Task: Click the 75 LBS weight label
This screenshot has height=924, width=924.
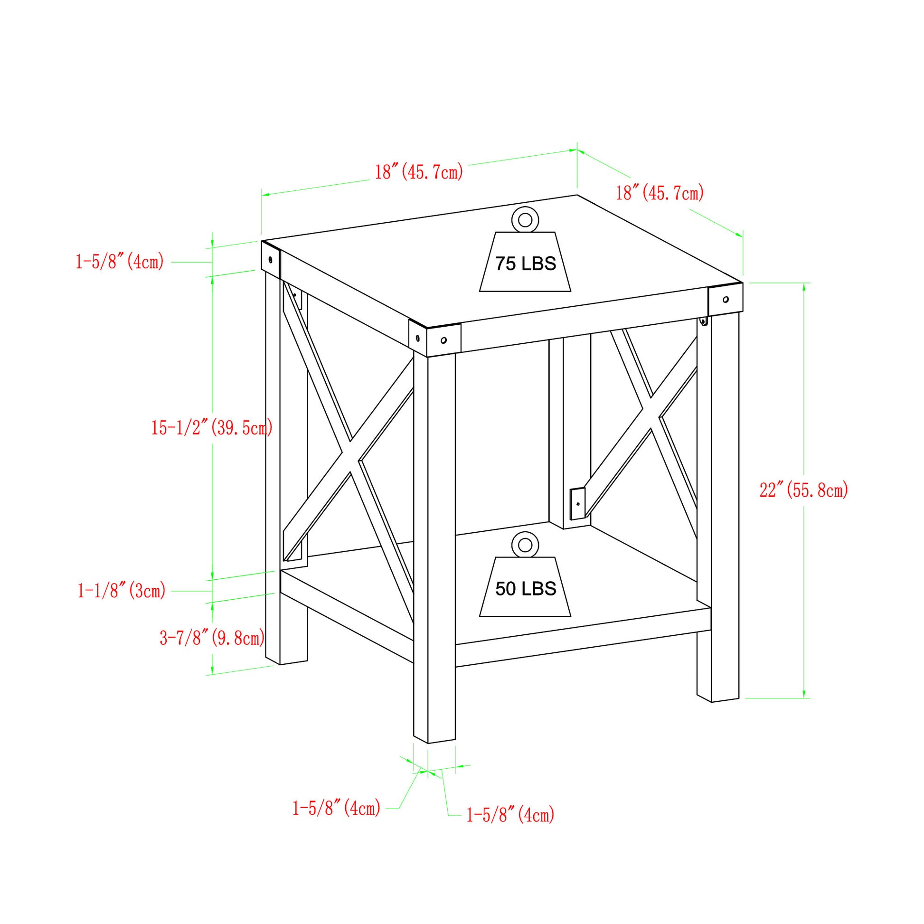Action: coord(525,264)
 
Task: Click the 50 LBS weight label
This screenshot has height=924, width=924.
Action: coord(525,589)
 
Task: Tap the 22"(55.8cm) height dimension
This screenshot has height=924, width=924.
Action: coord(803,490)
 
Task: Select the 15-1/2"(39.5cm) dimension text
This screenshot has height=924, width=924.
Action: coord(212,427)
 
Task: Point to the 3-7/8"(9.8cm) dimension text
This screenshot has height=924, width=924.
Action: coord(212,638)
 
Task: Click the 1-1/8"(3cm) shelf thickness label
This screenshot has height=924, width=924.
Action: coord(122,591)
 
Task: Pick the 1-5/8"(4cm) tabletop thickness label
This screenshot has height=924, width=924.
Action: coord(120,262)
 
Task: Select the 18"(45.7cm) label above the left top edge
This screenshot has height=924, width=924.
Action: coord(418,171)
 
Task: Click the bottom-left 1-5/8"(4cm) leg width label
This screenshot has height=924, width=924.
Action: coord(336,808)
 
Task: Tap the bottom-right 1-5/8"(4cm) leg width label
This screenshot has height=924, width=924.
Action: coord(510,815)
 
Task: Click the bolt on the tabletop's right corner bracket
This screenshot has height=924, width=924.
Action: coord(726,300)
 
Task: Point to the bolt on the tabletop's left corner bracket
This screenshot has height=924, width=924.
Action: coord(271,260)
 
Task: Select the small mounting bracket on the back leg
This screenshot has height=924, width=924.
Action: coord(577,504)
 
